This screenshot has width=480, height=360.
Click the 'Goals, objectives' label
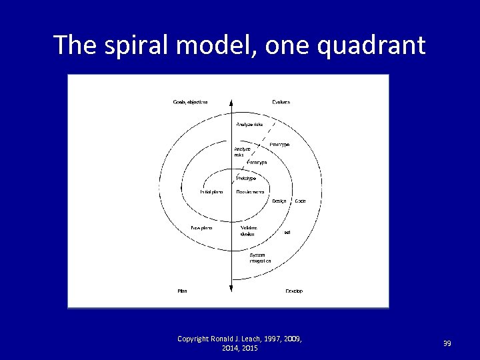click(190, 102)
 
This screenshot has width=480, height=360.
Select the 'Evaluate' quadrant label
click(281, 102)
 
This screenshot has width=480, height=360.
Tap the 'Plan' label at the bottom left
click(182, 291)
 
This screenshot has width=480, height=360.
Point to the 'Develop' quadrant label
click(294, 291)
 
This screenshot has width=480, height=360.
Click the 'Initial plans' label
click(211, 192)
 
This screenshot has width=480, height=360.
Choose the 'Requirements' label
click(250, 192)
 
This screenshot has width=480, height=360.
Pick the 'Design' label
click(279, 201)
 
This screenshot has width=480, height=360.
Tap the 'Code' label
click(300, 201)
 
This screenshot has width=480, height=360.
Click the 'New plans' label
click(201, 227)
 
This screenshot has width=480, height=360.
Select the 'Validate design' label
click(249, 231)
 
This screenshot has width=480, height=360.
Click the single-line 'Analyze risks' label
click(249, 124)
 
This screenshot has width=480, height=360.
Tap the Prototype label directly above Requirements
click(246, 179)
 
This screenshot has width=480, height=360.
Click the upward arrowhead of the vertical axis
click(231, 102)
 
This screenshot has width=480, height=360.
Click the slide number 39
click(447, 343)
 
